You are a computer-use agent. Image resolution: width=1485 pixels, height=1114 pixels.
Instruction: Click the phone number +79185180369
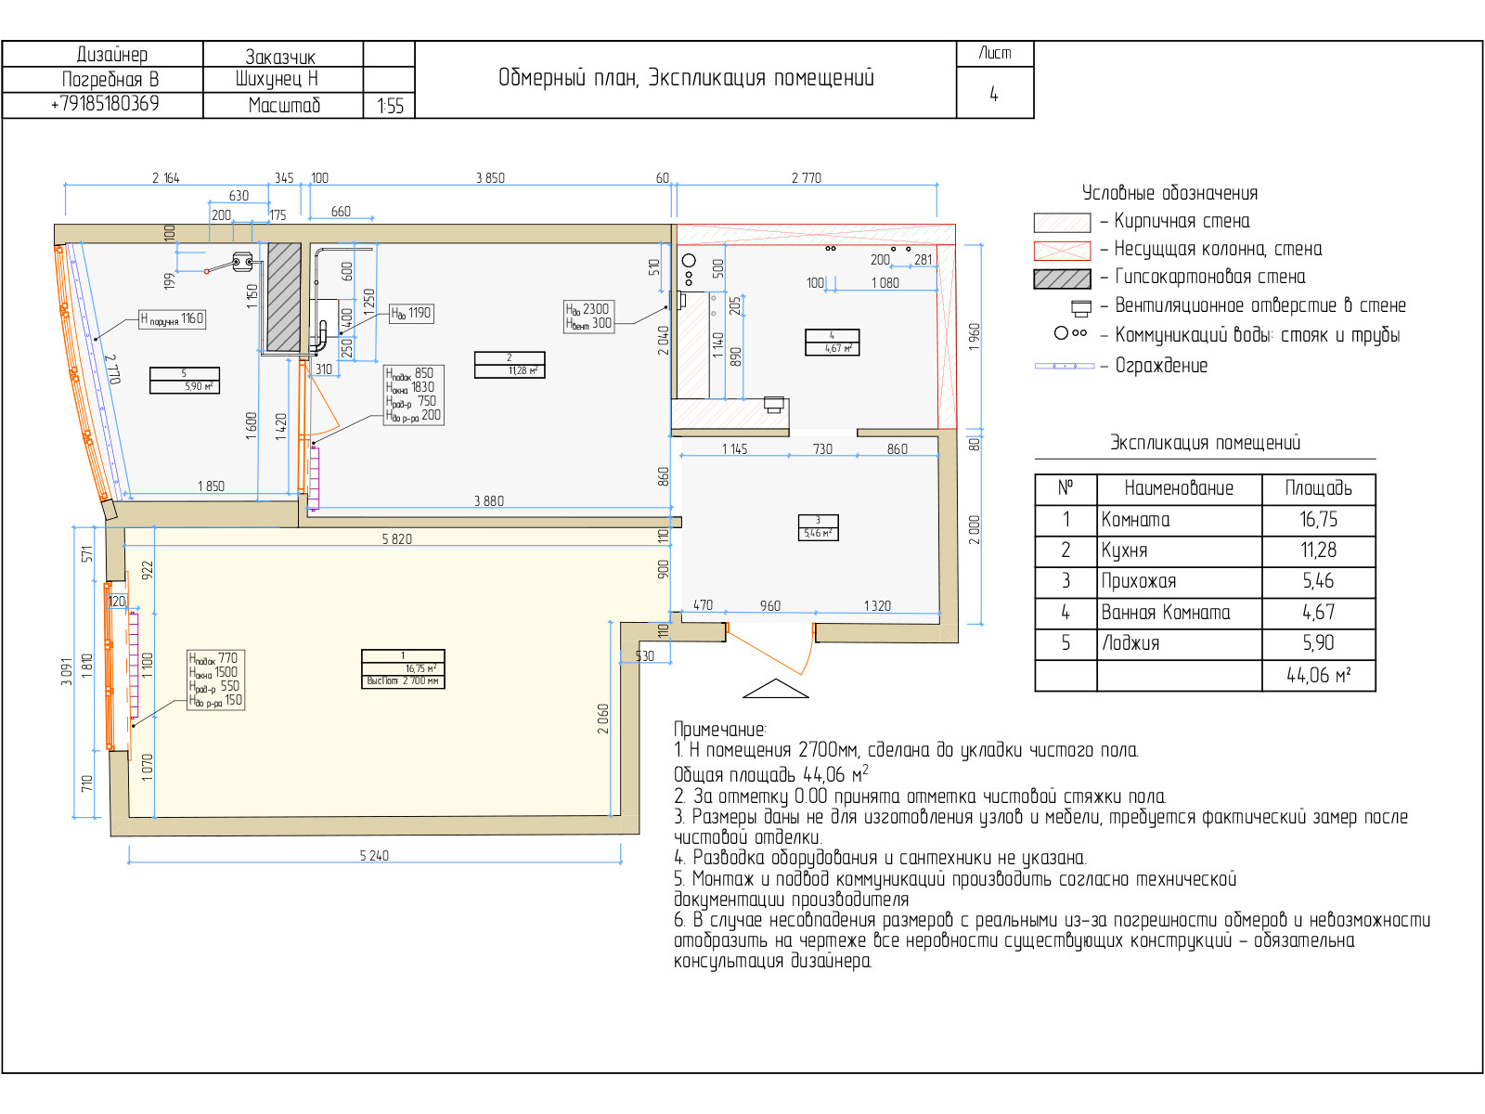click(104, 104)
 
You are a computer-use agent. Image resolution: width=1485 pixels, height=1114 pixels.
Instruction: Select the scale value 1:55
click(390, 106)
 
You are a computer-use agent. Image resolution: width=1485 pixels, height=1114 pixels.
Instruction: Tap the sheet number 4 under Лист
click(994, 94)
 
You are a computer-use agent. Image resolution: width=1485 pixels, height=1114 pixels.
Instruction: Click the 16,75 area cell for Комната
click(1318, 520)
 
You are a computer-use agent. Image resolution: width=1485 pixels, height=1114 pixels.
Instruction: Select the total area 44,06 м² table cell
click(1318, 676)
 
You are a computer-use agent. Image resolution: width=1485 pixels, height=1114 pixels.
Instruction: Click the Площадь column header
click(1318, 488)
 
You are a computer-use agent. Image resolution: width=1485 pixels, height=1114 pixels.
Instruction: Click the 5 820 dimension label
click(396, 538)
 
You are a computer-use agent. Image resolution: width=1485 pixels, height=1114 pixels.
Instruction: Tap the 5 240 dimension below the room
click(374, 855)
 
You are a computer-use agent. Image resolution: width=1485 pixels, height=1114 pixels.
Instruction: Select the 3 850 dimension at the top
click(490, 178)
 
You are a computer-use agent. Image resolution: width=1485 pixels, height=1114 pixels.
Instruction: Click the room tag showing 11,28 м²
click(510, 364)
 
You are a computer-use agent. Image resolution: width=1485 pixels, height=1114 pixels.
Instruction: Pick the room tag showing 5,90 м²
click(185, 381)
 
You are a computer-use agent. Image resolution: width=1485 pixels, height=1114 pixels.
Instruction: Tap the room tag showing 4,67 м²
click(832, 343)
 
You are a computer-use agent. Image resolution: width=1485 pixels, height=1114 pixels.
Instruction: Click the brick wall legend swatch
click(1062, 222)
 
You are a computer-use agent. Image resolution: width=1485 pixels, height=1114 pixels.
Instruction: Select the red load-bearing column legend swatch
click(1062, 251)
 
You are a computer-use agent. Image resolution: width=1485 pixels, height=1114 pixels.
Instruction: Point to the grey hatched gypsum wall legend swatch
click(1062, 278)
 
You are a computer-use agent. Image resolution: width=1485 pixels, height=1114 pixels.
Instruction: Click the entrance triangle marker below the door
click(776, 689)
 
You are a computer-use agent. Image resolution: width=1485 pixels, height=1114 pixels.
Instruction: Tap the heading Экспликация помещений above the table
click(1205, 443)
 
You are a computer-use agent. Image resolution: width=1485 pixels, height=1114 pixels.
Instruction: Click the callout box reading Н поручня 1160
click(172, 318)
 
